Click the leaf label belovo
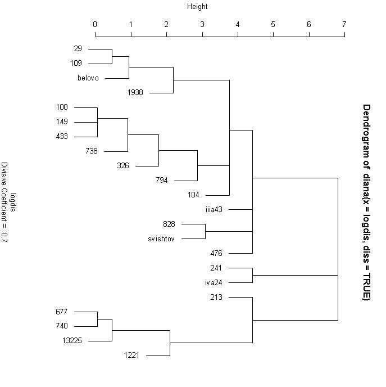[88, 78]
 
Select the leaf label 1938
[135, 92]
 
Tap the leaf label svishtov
[161, 238]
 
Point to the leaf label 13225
[72, 340]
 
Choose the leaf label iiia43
[215, 209]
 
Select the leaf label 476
[216, 253]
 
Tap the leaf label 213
[216, 297]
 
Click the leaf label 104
[193, 195]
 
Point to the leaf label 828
[169, 224]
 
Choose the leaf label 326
[122, 165]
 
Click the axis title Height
[197, 7]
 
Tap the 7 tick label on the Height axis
[344, 25]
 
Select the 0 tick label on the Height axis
[95, 25]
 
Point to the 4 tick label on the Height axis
[238, 25]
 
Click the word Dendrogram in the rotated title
[366, 129]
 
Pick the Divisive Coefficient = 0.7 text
[4, 202]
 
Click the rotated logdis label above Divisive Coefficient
[13, 202]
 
